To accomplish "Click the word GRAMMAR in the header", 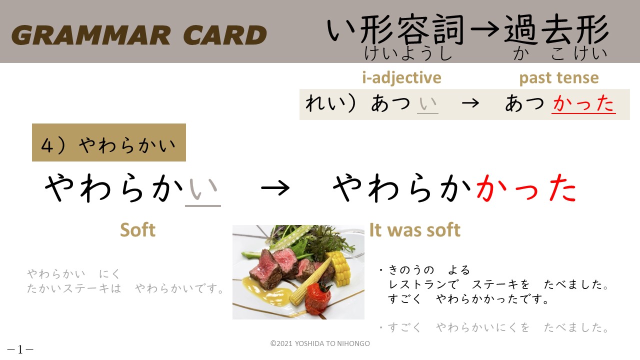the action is pos(91,35).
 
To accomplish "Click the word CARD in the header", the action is pos(225,35).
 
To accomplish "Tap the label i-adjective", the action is pos(401,78).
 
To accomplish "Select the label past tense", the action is pos(559,78).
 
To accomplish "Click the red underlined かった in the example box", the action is pos(583,103).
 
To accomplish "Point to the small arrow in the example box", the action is pos(470,103).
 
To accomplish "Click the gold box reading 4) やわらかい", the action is pos(109,142).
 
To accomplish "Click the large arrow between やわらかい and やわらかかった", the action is pos(275,188).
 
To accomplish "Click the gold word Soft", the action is pos(137,230).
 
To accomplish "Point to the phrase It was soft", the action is pos(415,230).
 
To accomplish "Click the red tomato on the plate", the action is pos(318,297).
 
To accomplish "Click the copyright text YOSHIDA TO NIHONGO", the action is pos(332,343).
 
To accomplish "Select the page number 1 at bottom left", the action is pos(20,349).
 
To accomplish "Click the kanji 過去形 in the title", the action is pos(555,29).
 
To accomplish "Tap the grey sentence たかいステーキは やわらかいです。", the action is pos(125,288).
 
